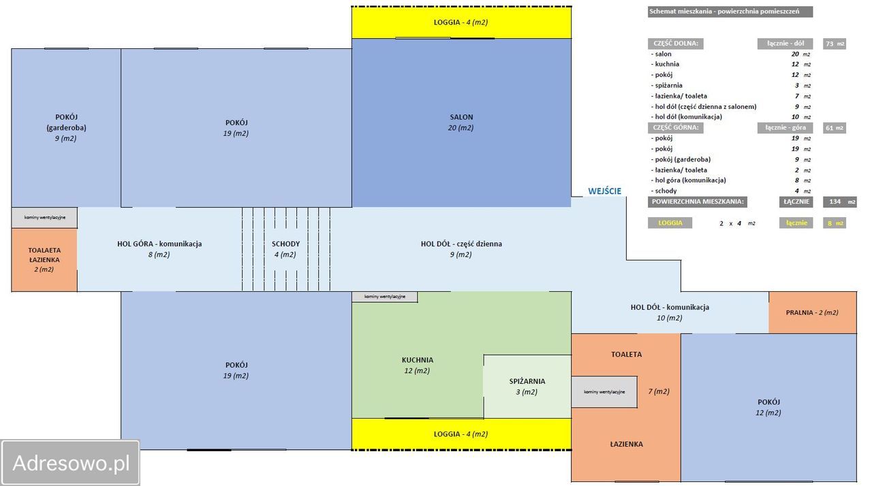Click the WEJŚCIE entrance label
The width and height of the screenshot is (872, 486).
(x=604, y=191)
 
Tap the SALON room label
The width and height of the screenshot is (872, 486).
(x=461, y=117)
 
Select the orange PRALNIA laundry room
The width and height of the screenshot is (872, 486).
(x=813, y=312)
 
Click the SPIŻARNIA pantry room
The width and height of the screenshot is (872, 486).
(x=527, y=387)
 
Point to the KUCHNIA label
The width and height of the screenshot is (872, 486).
(x=418, y=360)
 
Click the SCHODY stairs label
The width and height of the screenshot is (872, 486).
(x=285, y=244)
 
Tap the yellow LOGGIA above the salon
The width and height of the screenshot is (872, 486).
(x=461, y=22)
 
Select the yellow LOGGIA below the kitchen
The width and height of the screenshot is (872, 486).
(x=461, y=434)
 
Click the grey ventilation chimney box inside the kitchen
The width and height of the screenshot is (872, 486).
(x=385, y=297)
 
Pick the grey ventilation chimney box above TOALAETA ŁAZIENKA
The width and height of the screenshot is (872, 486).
(x=44, y=217)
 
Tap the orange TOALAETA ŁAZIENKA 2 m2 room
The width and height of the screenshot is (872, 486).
(x=44, y=260)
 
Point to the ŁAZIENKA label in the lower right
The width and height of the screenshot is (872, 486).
(x=626, y=444)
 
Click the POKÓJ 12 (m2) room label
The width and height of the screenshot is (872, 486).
(x=768, y=408)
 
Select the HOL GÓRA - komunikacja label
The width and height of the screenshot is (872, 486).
(x=159, y=244)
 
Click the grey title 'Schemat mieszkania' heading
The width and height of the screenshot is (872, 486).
(x=730, y=12)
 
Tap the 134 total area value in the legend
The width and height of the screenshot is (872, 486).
(x=835, y=201)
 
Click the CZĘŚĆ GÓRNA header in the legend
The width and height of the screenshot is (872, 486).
(x=675, y=127)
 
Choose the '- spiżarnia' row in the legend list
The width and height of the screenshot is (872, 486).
(x=667, y=85)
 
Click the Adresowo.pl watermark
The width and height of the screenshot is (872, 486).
(x=70, y=463)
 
